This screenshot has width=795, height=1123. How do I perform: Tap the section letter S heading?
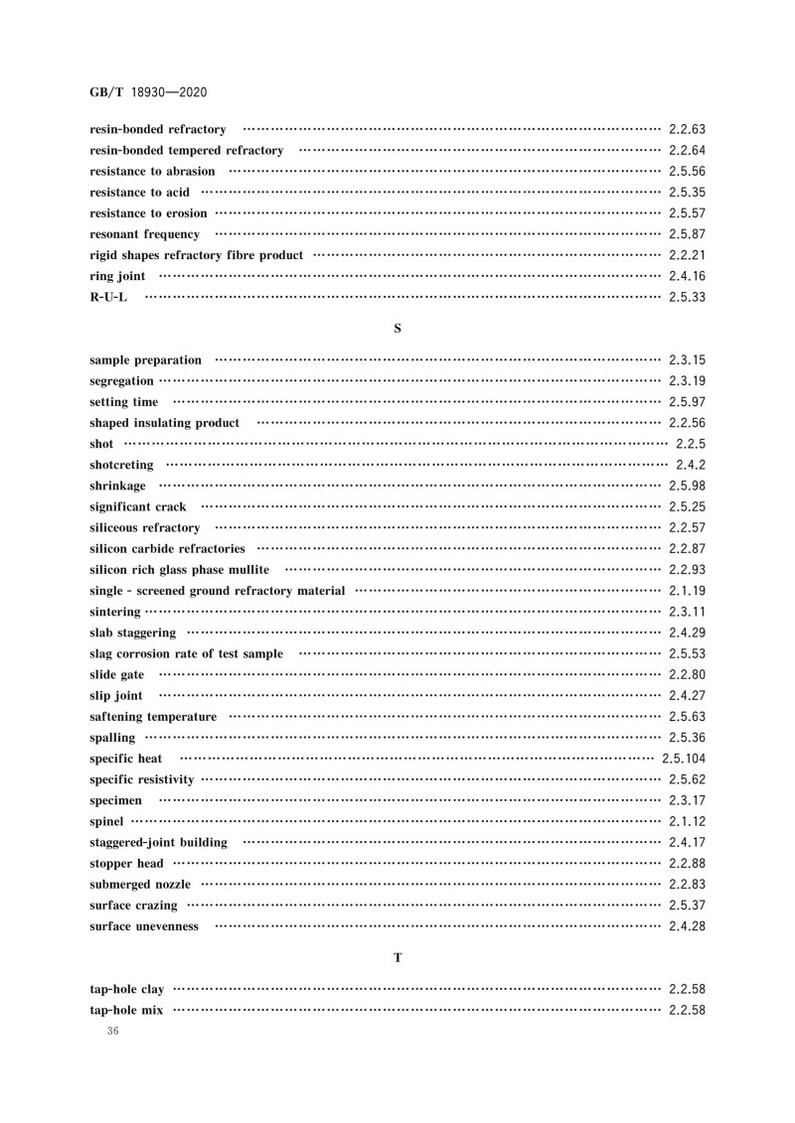pos(397,327)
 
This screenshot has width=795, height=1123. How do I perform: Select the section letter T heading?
pos(397,957)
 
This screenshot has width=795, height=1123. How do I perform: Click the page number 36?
pos(110,1033)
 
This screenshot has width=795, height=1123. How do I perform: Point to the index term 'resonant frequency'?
pos(144,234)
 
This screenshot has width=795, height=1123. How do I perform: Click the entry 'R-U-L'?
pos(108,297)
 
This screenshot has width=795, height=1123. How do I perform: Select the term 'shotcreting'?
pos(121,465)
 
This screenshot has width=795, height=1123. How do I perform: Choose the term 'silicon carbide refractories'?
pos(167,548)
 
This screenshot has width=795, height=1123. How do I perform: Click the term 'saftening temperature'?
pos(153,717)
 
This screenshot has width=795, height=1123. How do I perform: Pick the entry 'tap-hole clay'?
pos(126,990)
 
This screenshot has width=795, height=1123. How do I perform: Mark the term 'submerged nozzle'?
pos(140,885)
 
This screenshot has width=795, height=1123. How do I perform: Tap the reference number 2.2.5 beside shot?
pos(690,443)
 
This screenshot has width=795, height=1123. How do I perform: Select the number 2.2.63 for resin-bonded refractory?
pos(687,129)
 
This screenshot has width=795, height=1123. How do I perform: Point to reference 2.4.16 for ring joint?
pos(687,276)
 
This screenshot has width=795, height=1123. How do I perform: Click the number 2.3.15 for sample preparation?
pos(687,359)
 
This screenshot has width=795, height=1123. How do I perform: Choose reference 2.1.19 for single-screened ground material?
pos(687,591)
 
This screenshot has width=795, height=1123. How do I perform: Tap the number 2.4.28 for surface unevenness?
pos(687,926)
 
